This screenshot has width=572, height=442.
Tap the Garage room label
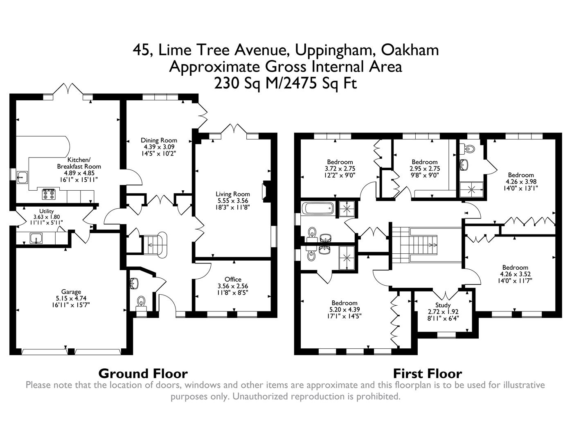pos(71,292)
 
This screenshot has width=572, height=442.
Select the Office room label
pos(233,280)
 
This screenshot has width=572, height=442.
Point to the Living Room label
pos(233,194)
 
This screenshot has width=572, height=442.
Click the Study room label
pos(443,305)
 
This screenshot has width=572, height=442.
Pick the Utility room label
pos(46,211)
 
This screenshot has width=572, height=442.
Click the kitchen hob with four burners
pos(49,194)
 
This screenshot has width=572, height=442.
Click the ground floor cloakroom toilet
pos(141,302)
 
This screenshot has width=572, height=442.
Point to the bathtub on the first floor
pos(318,209)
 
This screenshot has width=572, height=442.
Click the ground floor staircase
pos(154,245)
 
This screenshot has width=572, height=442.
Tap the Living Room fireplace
pos(266,192)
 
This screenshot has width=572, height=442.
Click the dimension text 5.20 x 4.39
pos(345,309)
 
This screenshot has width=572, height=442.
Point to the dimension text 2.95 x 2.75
pos(424,168)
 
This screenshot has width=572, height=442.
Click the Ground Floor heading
pos(143,373)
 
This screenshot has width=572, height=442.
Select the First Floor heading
pos(427,373)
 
